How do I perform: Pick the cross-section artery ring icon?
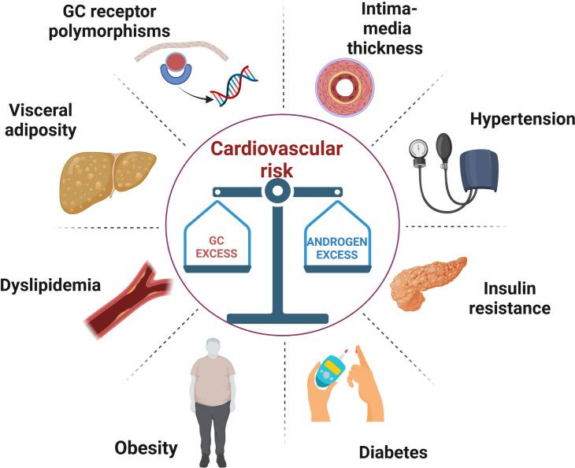pyautogui.click(x=347, y=83)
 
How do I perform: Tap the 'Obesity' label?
pyautogui.click(x=145, y=448)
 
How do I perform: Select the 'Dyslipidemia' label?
pyautogui.click(x=51, y=284)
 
